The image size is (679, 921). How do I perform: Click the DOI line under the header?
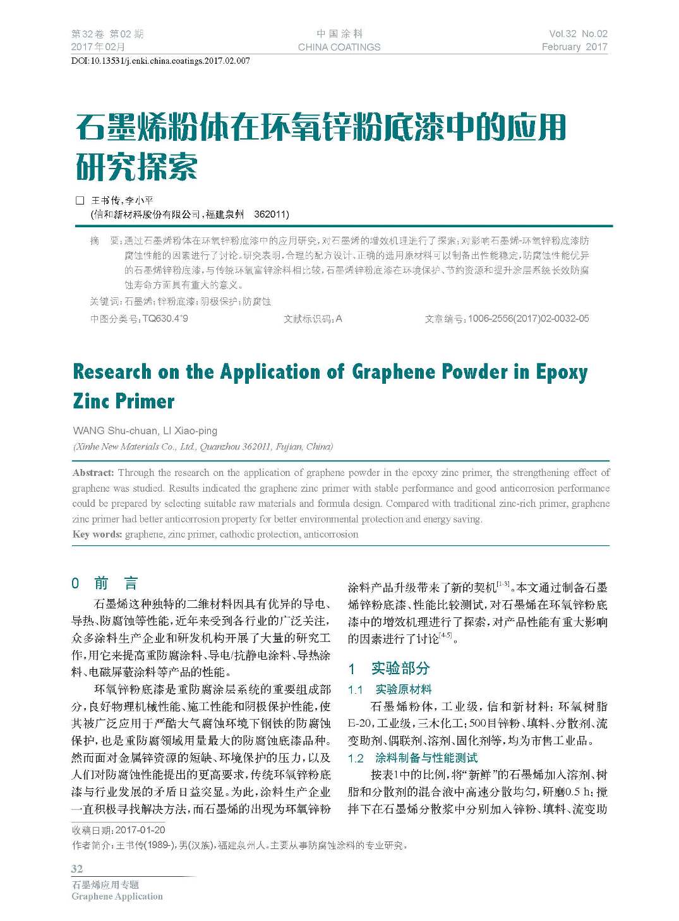160,61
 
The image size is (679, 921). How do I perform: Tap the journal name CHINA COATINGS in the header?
339,47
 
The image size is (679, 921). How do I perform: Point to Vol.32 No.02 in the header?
578,34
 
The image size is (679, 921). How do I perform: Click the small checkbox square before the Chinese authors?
80,201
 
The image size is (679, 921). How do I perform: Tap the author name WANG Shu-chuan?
116,431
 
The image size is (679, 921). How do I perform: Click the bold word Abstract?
93,473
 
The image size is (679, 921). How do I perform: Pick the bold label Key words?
97,535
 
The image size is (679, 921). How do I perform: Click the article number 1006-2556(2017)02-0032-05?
529,319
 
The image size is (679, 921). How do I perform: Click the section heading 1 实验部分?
389,668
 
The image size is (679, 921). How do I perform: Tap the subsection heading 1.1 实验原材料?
390,689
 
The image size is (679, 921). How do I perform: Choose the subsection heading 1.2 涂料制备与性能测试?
412,758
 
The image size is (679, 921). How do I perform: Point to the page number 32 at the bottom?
77,869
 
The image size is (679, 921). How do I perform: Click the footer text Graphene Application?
117,896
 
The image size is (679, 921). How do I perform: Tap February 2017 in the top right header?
574,47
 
